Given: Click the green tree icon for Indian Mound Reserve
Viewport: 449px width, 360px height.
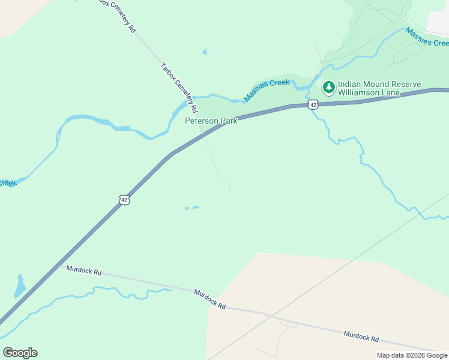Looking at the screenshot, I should (328, 88).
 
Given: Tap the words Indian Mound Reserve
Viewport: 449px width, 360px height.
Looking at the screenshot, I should (379, 85).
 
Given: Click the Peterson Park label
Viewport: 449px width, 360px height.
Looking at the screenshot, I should (211, 121).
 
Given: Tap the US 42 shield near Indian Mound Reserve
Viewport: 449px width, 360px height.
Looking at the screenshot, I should (313, 105).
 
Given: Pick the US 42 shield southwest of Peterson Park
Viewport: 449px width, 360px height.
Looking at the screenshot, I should (124, 199).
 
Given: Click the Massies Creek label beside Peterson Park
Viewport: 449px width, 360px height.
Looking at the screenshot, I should (267, 90).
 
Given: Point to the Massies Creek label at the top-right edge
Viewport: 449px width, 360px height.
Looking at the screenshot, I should (427, 37).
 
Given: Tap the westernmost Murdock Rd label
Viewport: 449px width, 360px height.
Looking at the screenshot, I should (85, 271).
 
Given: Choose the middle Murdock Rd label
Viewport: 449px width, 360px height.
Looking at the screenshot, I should (209, 298).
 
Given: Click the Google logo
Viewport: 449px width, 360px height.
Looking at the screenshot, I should (20, 353).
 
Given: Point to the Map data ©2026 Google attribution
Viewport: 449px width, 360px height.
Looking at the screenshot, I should (412, 355).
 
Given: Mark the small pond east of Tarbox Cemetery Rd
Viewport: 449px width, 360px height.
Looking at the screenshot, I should (205, 52).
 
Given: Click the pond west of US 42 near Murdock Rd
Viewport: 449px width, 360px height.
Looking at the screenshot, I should (20, 286).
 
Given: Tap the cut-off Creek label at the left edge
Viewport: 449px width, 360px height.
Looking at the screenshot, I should (7, 183).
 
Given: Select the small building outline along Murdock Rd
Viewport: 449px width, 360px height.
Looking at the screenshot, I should (289, 325).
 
